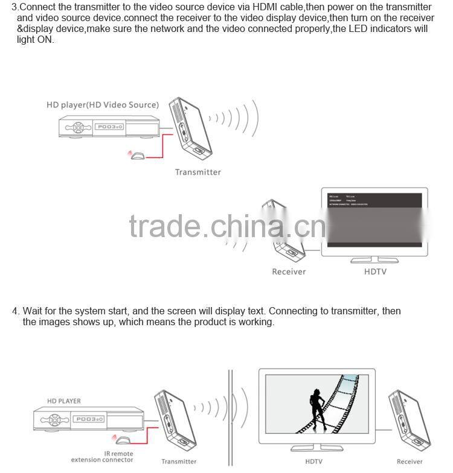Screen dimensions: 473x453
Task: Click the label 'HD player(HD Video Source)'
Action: point(103,105)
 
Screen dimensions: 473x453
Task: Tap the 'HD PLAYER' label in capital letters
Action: point(64,401)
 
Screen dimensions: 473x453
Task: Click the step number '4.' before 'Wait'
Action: point(16,311)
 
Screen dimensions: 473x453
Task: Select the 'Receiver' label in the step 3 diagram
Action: point(289,272)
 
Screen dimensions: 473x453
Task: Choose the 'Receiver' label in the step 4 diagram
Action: point(410,462)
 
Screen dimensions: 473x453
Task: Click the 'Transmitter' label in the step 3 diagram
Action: point(198,173)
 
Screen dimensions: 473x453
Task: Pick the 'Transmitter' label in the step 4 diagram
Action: point(179,462)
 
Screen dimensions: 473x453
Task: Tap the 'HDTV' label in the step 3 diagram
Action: point(375,272)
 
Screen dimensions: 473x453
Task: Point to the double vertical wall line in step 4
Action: point(230,416)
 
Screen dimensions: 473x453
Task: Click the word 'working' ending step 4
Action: point(255,322)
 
